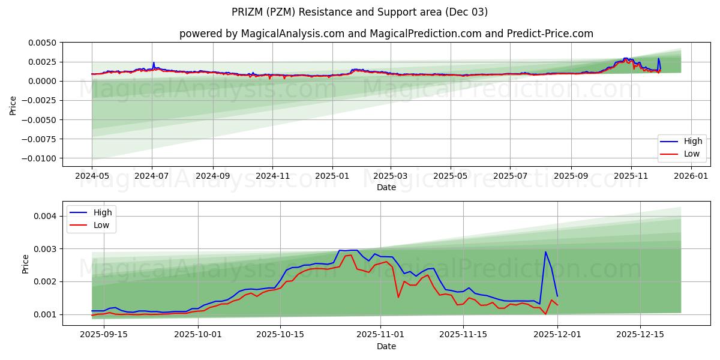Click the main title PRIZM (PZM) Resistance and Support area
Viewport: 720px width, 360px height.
[359, 12]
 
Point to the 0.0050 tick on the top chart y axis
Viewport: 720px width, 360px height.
[41, 43]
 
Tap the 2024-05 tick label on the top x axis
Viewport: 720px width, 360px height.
[92, 176]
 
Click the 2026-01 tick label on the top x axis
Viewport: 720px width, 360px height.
[691, 176]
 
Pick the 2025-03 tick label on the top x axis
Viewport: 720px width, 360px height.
[391, 176]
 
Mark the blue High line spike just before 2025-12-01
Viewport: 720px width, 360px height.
[545, 252]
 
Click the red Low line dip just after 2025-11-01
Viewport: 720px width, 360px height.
[398, 297]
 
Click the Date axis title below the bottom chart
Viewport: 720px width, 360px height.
[386, 346]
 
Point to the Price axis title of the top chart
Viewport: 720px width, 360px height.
[13, 104]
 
